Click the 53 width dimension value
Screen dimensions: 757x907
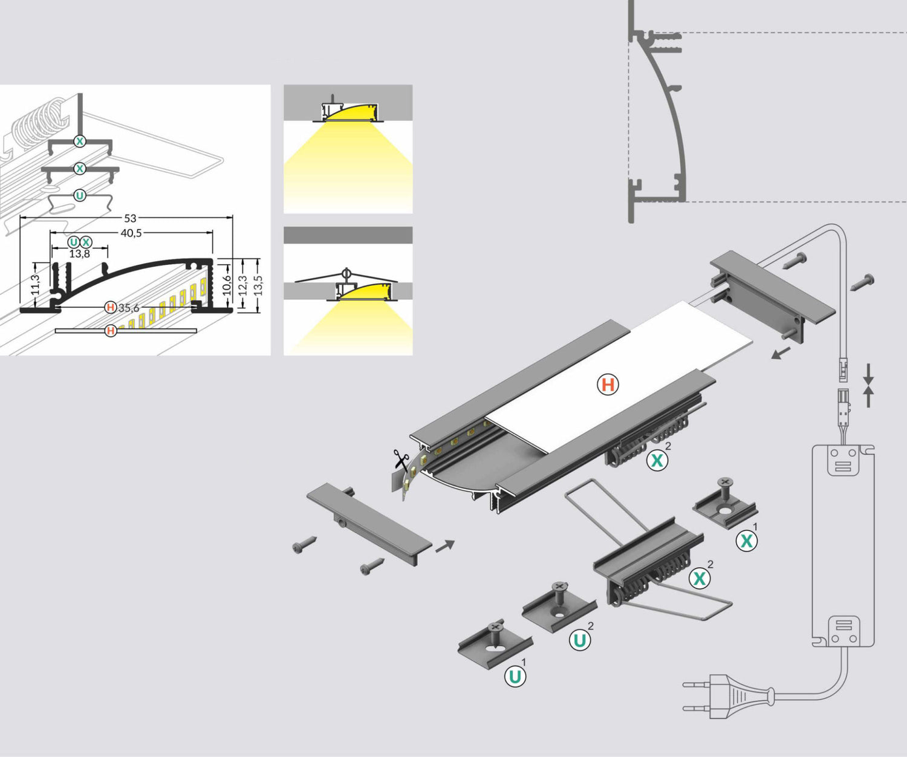130,218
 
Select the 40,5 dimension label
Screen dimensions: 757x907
131,233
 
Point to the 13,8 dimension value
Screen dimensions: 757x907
79,254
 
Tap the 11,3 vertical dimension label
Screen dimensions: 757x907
34,284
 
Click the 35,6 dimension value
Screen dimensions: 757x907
128,308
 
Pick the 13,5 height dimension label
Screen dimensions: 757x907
258,285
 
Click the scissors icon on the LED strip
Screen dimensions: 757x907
400,460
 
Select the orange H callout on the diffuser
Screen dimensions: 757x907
608,385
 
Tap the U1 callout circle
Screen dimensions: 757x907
515,676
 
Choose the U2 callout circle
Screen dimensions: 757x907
580,640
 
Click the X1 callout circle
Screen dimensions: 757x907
747,541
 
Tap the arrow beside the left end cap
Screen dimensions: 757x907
445,545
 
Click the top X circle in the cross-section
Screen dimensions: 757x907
80,141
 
